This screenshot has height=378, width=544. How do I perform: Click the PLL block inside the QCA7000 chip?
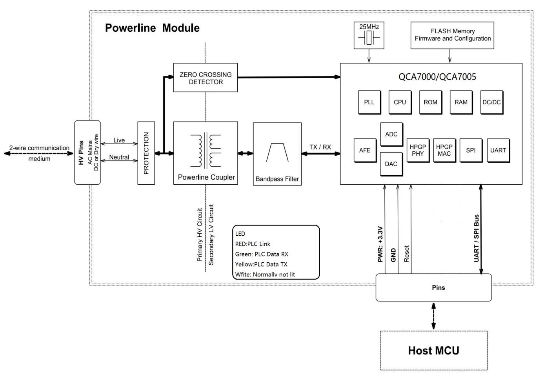click(x=369, y=102)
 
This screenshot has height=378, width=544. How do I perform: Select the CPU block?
click(x=400, y=102)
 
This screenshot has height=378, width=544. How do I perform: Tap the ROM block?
click(x=430, y=102)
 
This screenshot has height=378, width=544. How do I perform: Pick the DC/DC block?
click(x=491, y=102)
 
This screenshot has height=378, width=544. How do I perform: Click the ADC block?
click(x=391, y=134)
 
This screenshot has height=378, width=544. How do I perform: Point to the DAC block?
click(x=391, y=164)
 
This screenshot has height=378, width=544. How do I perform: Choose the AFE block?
click(x=365, y=150)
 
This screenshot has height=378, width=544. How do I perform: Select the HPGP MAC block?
click(x=444, y=150)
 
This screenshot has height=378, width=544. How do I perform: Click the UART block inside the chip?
click(x=498, y=150)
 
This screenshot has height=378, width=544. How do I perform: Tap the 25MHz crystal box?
click(x=369, y=35)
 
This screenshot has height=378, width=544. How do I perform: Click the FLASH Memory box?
click(x=452, y=35)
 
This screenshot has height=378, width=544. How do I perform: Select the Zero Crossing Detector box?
click(x=206, y=78)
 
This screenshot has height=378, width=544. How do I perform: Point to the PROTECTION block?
click(x=146, y=153)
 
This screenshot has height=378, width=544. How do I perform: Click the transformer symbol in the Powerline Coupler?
click(x=206, y=151)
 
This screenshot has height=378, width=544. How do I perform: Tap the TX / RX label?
click(x=320, y=147)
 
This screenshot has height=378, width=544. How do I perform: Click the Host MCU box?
click(x=433, y=350)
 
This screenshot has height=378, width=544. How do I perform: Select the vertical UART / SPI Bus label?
click(x=477, y=238)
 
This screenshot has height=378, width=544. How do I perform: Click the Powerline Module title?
click(x=152, y=28)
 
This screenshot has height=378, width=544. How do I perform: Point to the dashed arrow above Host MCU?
click(x=433, y=316)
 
